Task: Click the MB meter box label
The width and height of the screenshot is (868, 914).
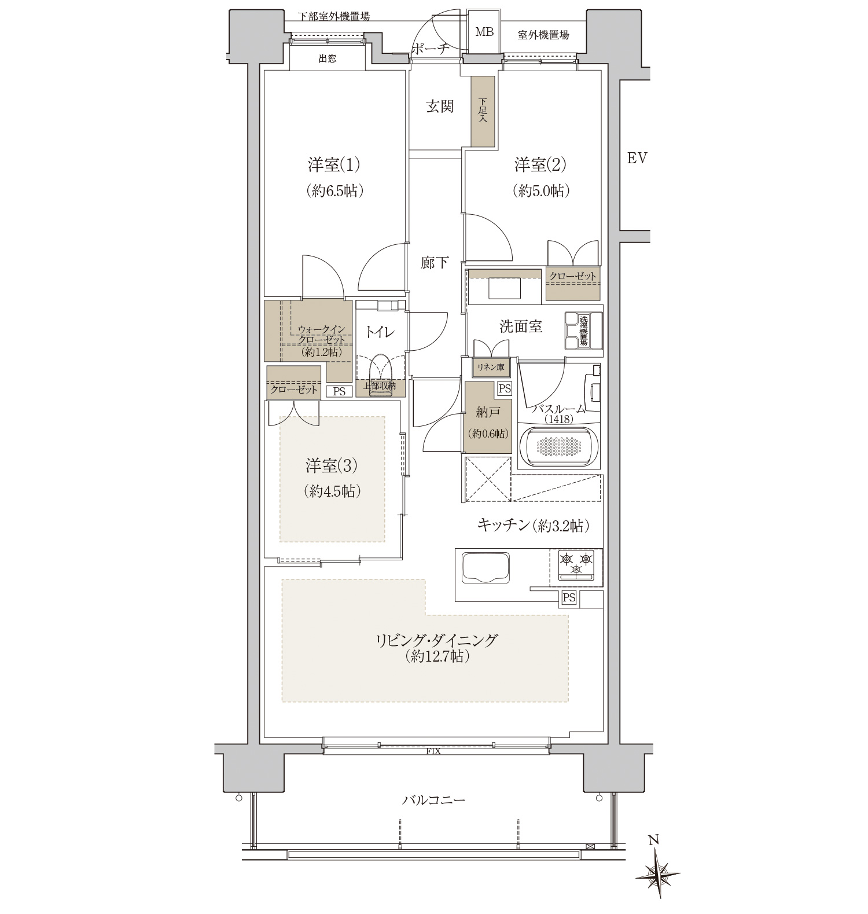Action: click(484, 32)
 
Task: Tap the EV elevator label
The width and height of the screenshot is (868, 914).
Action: click(637, 157)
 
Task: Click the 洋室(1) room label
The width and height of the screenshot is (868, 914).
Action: click(334, 166)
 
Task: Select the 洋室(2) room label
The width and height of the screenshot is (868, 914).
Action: click(540, 166)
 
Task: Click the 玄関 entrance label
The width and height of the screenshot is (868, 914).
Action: click(440, 107)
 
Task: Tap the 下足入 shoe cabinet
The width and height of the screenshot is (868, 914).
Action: click(483, 111)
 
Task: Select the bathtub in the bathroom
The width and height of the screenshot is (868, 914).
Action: click(560, 446)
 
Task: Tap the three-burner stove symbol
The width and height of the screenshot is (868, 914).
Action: click(576, 564)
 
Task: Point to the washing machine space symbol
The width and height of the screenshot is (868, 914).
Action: click(583, 331)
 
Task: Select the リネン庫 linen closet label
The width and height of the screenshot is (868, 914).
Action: click(490, 366)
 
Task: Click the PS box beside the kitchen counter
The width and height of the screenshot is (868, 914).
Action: click(569, 598)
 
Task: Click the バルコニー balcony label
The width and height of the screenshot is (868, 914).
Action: click(434, 801)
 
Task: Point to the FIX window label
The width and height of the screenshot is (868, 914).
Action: click(433, 752)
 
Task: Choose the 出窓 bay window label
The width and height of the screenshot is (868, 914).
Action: click(328, 58)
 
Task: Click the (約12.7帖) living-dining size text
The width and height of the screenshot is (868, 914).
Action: click(436, 656)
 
